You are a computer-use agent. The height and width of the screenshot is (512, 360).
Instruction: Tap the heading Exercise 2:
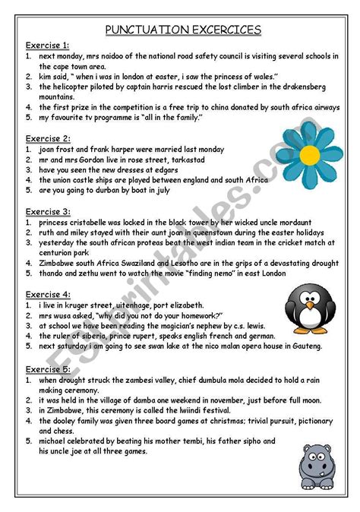(47, 138)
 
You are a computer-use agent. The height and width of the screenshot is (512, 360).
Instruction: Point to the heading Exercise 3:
(47, 211)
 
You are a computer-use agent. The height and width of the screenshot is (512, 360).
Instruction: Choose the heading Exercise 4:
(47, 293)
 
